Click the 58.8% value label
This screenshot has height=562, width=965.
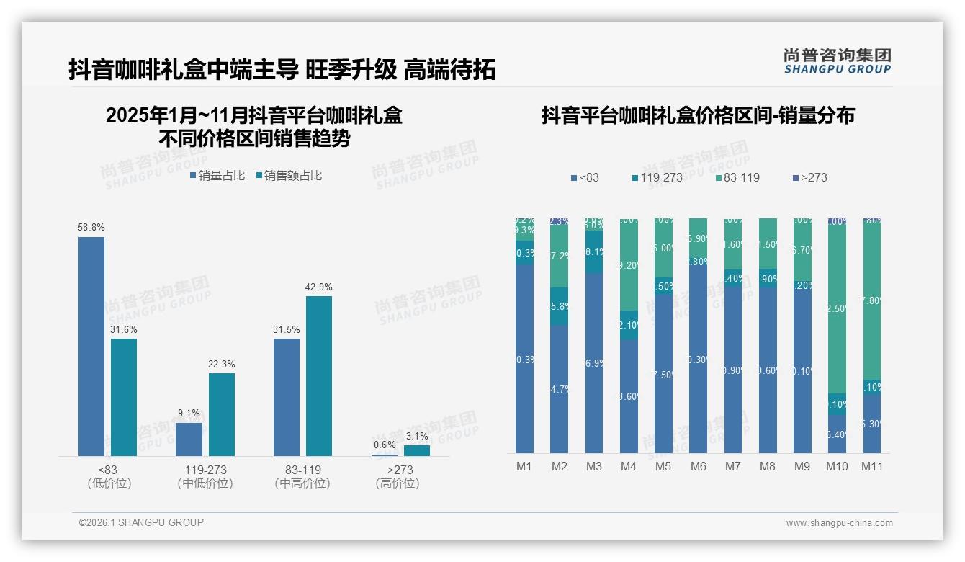tap(91, 227)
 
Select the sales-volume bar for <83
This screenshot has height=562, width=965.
tap(91, 346)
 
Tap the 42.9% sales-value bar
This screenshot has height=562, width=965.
tap(319, 375)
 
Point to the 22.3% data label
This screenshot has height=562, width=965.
tap(222, 364)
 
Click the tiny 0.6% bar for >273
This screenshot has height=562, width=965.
tap(385, 455)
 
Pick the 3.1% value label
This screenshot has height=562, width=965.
tap(416, 436)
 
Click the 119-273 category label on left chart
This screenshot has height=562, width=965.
tap(205, 470)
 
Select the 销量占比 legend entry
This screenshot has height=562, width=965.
tap(217, 176)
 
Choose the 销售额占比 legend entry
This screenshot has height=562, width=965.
tap(289, 176)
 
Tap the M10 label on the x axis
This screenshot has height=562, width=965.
tap(837, 466)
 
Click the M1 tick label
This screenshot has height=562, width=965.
tap(524, 466)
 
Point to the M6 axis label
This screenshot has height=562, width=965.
tap(698, 466)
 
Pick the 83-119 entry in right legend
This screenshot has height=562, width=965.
tap(738, 177)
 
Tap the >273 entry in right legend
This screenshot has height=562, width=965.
tap(810, 177)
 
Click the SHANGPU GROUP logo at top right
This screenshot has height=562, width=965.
tap(837, 61)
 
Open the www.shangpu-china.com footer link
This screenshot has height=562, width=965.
tap(839, 523)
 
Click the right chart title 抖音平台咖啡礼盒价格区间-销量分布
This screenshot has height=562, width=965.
tap(698, 115)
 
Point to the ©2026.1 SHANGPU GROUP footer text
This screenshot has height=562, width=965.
tap(141, 522)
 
